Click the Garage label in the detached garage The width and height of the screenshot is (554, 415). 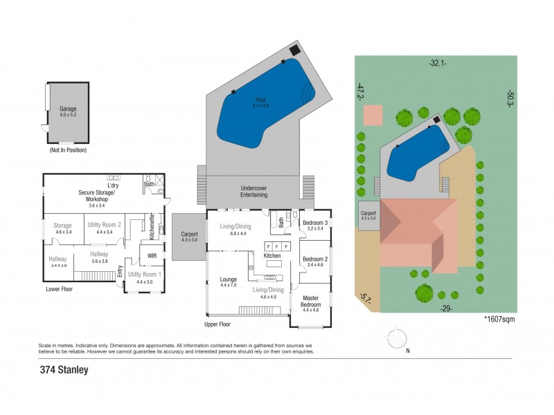(67, 109)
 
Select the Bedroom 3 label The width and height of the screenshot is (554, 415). (315, 222)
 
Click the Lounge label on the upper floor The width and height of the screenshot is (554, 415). (229, 279)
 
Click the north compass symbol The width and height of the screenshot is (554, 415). (397, 340)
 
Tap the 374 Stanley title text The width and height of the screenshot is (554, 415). (64, 369)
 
